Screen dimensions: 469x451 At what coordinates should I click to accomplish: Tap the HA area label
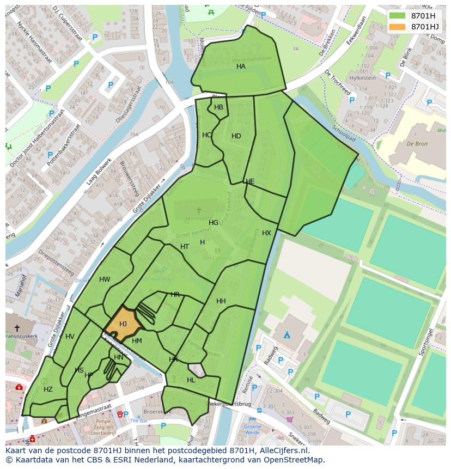point(241,66)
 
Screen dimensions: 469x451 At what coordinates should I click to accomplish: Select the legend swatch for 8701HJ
point(398,26)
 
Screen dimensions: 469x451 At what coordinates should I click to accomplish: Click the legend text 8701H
point(423,16)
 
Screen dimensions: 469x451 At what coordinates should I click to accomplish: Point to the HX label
point(266,233)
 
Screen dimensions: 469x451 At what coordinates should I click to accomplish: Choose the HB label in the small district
point(218,107)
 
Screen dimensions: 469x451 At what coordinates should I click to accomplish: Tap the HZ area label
point(48,389)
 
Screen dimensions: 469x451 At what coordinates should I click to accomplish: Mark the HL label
point(191,380)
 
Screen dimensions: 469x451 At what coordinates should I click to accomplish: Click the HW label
point(105,279)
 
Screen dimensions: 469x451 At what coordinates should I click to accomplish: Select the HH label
point(221,301)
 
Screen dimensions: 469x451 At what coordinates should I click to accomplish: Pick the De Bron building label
point(417,144)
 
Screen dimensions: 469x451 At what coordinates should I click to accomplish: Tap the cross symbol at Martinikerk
point(198,210)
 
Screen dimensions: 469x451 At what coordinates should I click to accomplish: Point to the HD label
point(236,136)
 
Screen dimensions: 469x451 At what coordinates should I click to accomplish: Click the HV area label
point(70,337)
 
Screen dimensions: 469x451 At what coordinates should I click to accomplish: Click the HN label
point(118,357)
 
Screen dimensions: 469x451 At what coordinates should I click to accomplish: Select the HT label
point(185,247)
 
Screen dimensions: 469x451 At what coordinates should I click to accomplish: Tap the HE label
point(250,181)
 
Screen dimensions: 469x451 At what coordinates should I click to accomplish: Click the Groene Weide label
point(252,429)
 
